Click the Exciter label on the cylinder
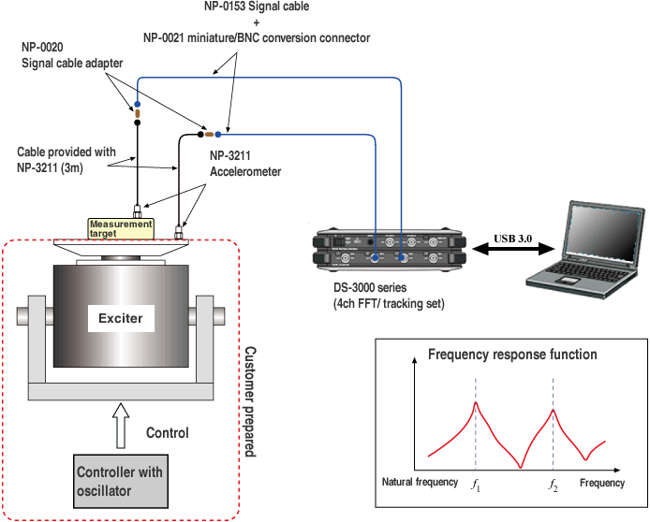pos(121,318)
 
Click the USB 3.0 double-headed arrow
pos(512,251)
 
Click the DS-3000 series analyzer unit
pos(389,253)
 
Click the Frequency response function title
pos(511,355)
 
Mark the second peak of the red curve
pos(554,410)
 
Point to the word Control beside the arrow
pos(167,433)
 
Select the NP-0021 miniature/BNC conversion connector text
pos(257,38)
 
